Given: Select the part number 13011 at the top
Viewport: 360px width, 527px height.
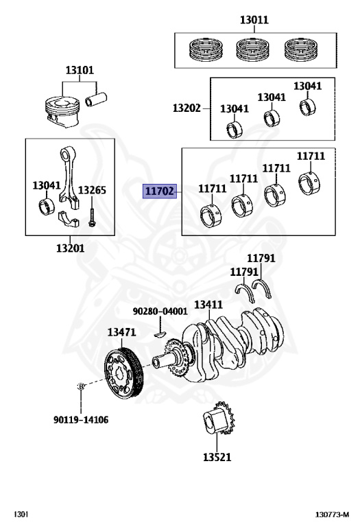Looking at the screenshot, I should coord(254,21).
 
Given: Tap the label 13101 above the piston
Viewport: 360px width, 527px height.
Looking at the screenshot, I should coord(80,70).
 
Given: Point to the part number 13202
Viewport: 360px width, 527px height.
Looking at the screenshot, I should coord(187,108).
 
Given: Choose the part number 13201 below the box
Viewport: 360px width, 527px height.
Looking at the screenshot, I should coord(71,248).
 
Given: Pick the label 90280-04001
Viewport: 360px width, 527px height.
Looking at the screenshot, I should coord(160,311).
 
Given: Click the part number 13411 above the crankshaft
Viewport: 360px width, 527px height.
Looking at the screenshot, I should coord(208,305).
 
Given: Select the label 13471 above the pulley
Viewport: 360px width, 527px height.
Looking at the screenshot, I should coord(121,332).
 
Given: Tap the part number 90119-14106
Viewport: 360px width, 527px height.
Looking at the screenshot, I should coord(82,419).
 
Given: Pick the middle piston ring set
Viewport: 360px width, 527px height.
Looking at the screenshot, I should coord(254,48).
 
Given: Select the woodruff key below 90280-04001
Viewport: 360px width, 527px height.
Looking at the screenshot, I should coord(160,334).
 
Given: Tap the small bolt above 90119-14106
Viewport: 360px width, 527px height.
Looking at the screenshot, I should coord(80,387).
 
